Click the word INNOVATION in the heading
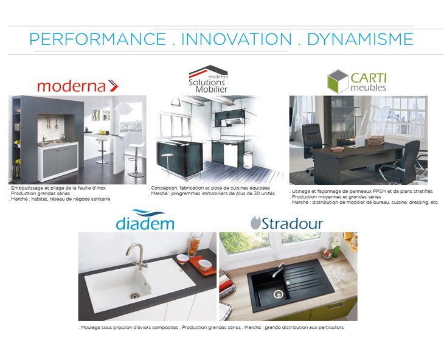237,39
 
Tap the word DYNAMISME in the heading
360,39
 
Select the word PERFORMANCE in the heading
98,39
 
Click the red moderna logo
78,86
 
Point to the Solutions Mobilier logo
209,79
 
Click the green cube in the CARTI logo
338,81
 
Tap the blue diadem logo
145,220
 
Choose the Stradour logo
287,223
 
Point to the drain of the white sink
135,296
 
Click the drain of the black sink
279,294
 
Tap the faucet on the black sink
277,270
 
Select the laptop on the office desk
359,142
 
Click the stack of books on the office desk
376,140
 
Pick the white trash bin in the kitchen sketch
248,161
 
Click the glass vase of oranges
195,244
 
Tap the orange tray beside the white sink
202,266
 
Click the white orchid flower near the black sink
336,241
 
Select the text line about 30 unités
212,193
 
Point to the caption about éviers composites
211,327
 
